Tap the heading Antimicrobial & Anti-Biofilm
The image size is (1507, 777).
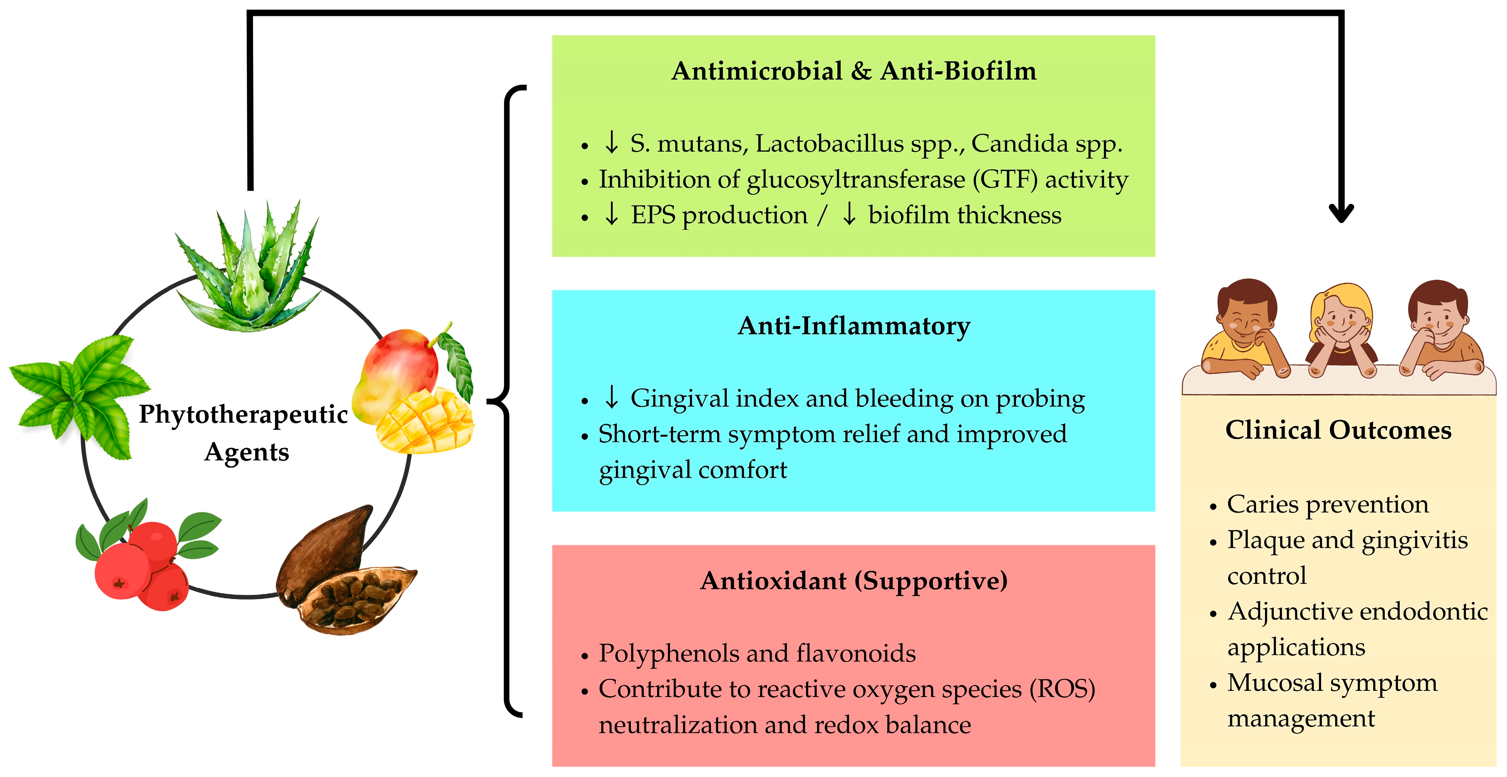(x=854, y=71)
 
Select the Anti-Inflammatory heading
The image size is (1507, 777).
(x=854, y=326)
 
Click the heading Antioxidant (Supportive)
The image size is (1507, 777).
(x=854, y=581)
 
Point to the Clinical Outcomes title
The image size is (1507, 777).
(x=1338, y=430)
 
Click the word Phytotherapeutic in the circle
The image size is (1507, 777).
(x=243, y=414)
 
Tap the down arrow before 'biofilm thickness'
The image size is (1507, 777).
(x=849, y=214)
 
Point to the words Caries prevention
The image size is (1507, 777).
(x=1328, y=505)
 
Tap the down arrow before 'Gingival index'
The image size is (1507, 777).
(x=611, y=397)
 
